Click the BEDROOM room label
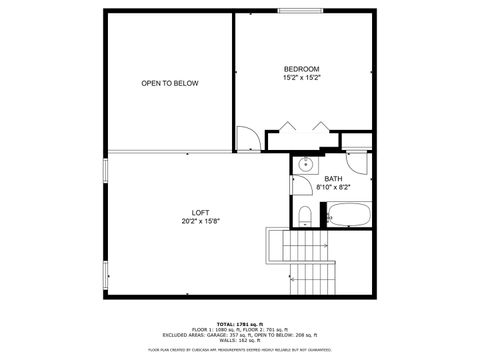[x=301, y=69]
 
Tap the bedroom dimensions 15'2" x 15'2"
[x=301, y=77]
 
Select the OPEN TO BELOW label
[x=169, y=83]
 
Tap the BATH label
[x=333, y=179]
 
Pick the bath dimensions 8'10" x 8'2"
[x=333, y=187]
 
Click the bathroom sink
[x=307, y=165]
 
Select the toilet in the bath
[x=304, y=215]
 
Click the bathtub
[x=349, y=213]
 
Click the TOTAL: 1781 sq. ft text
[x=240, y=324]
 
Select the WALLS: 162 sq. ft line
[x=240, y=341]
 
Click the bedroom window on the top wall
[x=301, y=11]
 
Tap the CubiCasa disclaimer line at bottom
[x=240, y=350]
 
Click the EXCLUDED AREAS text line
[x=240, y=335]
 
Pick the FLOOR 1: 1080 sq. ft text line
[x=240, y=330]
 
